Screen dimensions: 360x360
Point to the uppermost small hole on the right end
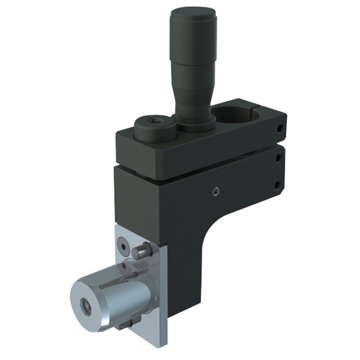[x=280, y=129]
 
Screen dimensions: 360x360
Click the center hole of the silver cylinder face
[x=86, y=306]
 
